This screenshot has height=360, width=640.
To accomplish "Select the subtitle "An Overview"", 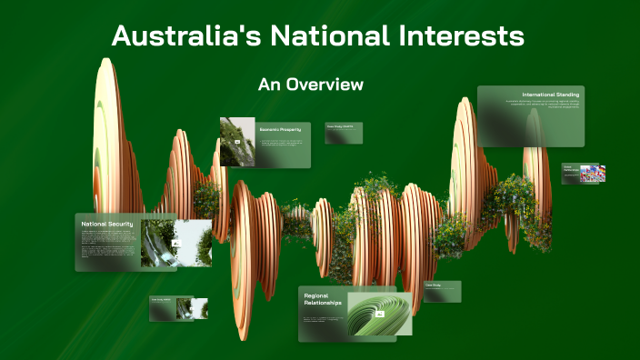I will [x=311, y=85].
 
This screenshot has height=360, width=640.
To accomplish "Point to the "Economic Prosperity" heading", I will [x=280, y=129].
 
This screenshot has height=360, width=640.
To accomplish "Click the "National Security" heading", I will [x=107, y=224].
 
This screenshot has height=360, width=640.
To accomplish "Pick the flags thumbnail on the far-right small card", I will [x=592, y=174].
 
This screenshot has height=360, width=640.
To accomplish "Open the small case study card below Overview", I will [x=345, y=134].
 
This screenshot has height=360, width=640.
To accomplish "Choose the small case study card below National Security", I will [x=178, y=308].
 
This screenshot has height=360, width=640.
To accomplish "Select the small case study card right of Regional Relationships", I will [x=442, y=291].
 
